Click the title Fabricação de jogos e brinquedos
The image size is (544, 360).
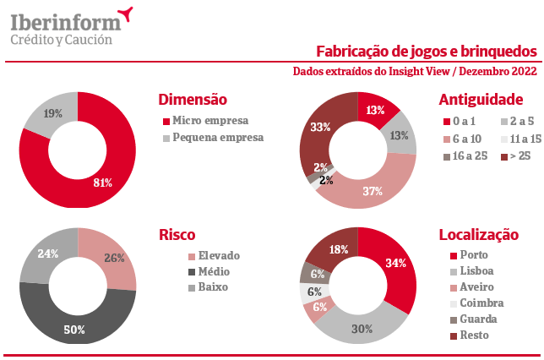coord(427,52)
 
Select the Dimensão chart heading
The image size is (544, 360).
coord(193,100)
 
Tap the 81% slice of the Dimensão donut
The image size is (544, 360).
coord(101,181)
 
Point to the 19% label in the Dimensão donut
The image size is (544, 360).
coord(52,113)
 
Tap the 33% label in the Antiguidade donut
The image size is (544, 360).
coord(320,127)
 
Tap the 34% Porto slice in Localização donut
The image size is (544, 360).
coord(395,264)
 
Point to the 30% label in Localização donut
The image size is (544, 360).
coord(362,329)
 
